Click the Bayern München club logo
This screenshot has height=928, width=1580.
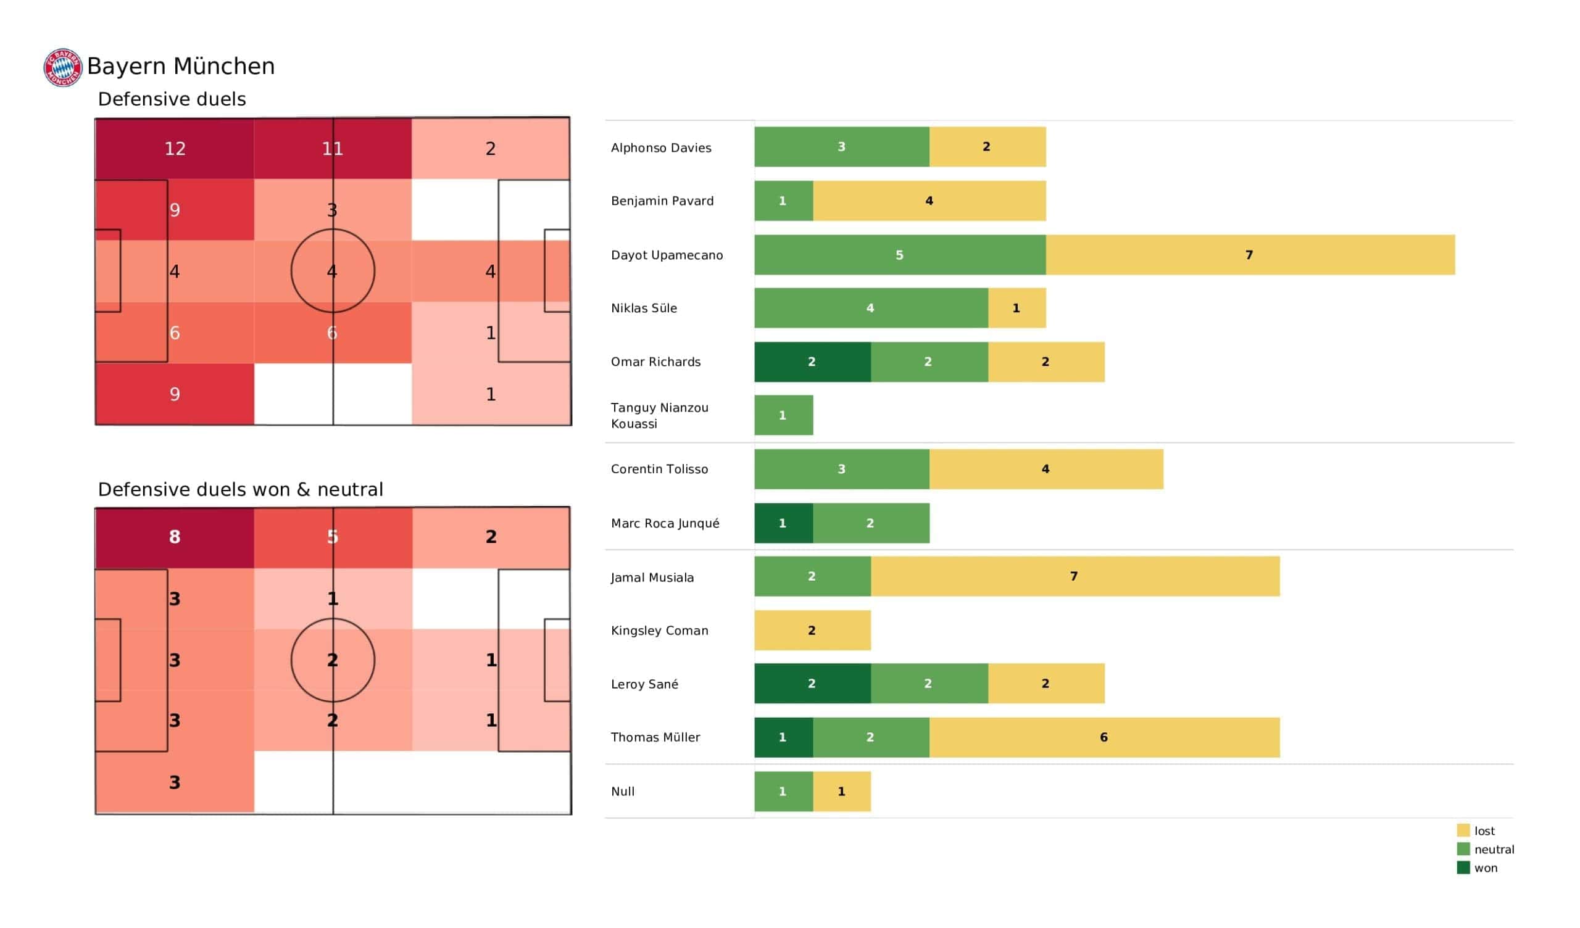pos(63,67)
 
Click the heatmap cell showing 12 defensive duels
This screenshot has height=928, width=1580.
pos(174,149)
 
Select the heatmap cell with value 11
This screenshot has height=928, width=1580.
pos(332,149)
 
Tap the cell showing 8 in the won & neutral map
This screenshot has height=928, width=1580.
pos(174,537)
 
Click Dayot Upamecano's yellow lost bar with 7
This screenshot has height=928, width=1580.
pos(1250,255)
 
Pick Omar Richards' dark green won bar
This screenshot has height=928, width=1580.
pos(812,362)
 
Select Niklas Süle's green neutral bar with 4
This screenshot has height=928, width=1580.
pos(871,308)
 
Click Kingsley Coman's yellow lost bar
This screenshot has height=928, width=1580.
pos(812,630)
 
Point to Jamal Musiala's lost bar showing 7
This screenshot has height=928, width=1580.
pos(1075,576)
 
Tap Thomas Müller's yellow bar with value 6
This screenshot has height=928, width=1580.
pos(1104,737)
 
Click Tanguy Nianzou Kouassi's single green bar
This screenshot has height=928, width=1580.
pos(783,415)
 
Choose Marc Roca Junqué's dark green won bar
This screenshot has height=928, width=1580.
pos(783,523)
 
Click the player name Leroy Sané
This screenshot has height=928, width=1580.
pos(644,684)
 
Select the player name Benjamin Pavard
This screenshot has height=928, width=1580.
pos(662,201)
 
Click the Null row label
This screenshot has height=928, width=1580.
pos(623,791)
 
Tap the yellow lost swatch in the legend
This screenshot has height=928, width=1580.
pos(1463,830)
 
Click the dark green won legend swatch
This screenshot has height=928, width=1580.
pos(1463,868)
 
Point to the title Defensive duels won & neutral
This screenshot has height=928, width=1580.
pos(240,489)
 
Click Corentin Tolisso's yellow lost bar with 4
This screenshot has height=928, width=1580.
pos(1046,469)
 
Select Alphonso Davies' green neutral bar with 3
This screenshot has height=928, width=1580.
pos(841,147)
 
